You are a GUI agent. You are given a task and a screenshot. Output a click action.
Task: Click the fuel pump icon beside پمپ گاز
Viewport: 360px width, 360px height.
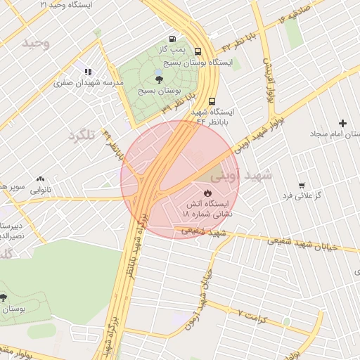[x=172, y=39]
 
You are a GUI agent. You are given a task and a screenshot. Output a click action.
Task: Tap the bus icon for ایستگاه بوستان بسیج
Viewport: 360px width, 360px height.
[x=198, y=51]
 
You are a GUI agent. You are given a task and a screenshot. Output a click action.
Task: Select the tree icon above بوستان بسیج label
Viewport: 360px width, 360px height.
[x=158, y=79]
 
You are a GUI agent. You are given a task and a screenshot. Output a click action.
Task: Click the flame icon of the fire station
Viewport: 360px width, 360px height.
[x=207, y=192]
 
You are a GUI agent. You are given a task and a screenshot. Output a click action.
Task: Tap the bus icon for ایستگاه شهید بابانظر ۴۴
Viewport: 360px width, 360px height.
[x=212, y=100]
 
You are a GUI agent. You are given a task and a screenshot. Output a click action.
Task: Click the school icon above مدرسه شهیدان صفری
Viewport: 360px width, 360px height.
[x=88, y=71]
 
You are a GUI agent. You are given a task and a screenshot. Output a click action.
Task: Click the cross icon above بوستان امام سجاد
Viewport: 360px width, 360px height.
[x=343, y=123]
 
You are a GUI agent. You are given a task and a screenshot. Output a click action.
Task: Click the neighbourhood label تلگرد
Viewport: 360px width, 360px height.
[x=81, y=134]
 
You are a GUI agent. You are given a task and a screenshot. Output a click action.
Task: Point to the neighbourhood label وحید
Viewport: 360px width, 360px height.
[x=37, y=44]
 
